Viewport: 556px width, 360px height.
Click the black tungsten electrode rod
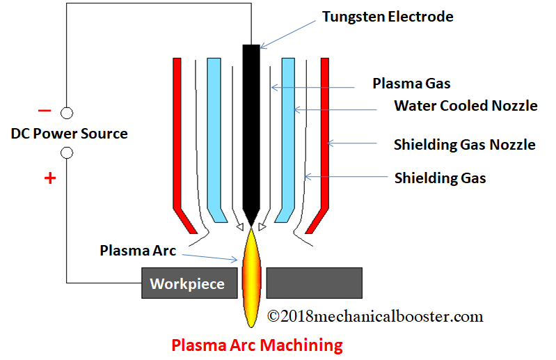[x=251, y=125]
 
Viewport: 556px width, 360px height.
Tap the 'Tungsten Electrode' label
[x=388, y=17]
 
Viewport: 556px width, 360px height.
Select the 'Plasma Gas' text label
[x=411, y=84]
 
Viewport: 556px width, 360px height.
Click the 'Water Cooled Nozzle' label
[x=466, y=106]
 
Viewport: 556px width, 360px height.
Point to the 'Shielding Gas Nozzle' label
[x=464, y=145]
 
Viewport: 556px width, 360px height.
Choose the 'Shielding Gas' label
[x=440, y=178]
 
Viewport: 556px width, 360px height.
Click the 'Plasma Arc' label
[x=138, y=250]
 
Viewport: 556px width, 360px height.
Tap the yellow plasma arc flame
[x=251, y=279]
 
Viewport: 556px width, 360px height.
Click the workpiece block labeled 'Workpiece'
[x=187, y=283]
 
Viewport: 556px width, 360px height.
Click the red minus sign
[x=45, y=111]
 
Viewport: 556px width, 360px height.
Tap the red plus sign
[x=49, y=178]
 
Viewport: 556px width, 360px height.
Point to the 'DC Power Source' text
[x=70, y=134]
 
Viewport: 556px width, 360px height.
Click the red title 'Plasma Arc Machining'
[x=257, y=345]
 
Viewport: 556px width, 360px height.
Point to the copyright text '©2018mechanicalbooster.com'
[x=375, y=316]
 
